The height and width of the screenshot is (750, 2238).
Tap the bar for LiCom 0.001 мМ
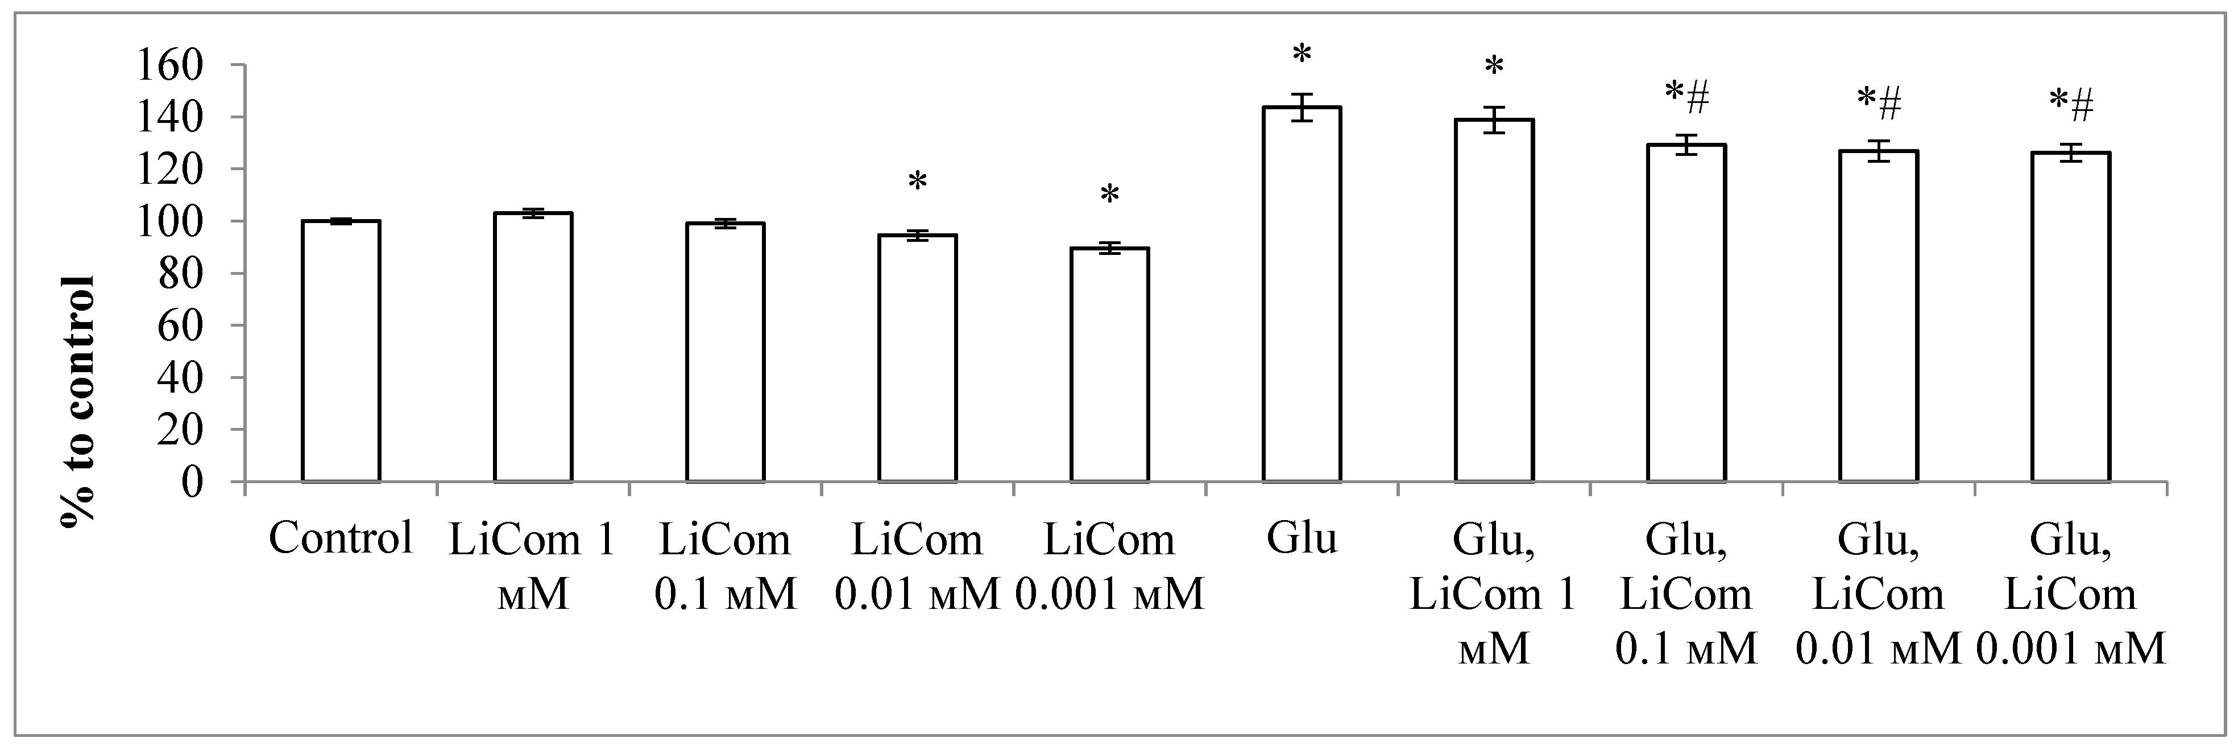pos(1109,365)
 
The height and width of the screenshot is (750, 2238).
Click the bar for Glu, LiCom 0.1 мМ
pos(1686,313)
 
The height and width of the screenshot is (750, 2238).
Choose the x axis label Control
pos(341,539)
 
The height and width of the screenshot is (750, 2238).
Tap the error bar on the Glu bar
pos(1302,108)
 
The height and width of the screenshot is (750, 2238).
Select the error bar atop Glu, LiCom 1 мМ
pos(1494,120)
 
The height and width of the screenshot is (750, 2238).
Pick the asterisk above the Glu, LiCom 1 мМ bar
pos(1494,68)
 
